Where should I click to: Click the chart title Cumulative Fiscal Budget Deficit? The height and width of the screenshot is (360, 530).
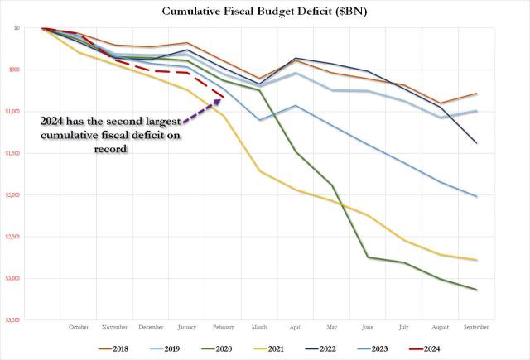click(264, 11)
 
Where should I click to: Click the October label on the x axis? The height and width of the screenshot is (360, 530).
click(79, 326)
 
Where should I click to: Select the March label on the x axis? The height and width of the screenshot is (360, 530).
click(260, 326)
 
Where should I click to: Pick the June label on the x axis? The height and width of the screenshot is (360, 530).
click(368, 326)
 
